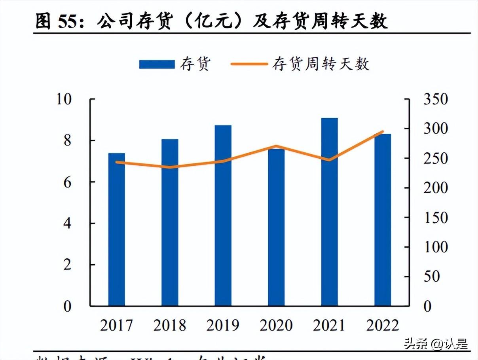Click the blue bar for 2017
[x=116, y=229]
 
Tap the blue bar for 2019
[x=223, y=216]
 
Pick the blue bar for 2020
[x=276, y=227]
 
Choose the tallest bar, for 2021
[x=329, y=212]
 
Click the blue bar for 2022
[x=383, y=220]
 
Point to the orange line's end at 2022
[x=383, y=132]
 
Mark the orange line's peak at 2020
[x=276, y=146]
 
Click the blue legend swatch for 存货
[x=157, y=64]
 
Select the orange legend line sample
[x=247, y=64]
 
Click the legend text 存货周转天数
[x=321, y=64]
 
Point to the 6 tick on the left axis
[x=67, y=182]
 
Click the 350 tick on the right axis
[x=436, y=99]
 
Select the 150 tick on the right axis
[x=436, y=218]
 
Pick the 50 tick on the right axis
[x=431, y=277]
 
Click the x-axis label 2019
[x=223, y=325]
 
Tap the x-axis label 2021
[x=329, y=325]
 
